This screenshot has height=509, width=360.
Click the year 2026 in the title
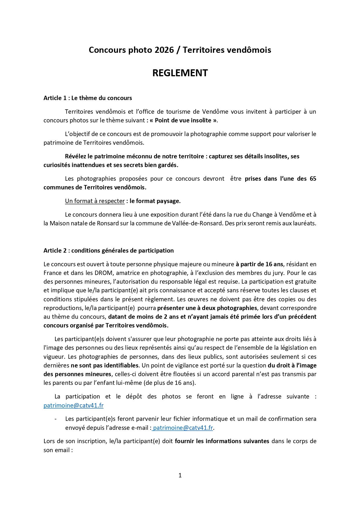click(x=164, y=50)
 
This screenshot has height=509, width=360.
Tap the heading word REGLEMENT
click(x=180, y=73)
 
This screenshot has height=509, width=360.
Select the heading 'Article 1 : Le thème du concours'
click(x=88, y=98)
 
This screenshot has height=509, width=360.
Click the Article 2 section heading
click(x=108, y=251)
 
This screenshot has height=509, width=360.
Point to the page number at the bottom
click(x=180, y=475)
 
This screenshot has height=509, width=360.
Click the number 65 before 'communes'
click(x=313, y=179)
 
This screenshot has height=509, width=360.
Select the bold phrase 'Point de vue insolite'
click(x=183, y=120)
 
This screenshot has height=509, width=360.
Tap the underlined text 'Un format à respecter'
click(x=95, y=201)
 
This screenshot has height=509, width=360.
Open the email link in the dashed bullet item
click(x=183, y=428)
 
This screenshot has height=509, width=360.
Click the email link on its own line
click(x=73, y=405)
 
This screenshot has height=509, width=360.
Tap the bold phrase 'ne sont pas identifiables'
click(x=104, y=365)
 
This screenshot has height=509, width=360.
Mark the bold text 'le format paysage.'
click(x=155, y=201)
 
